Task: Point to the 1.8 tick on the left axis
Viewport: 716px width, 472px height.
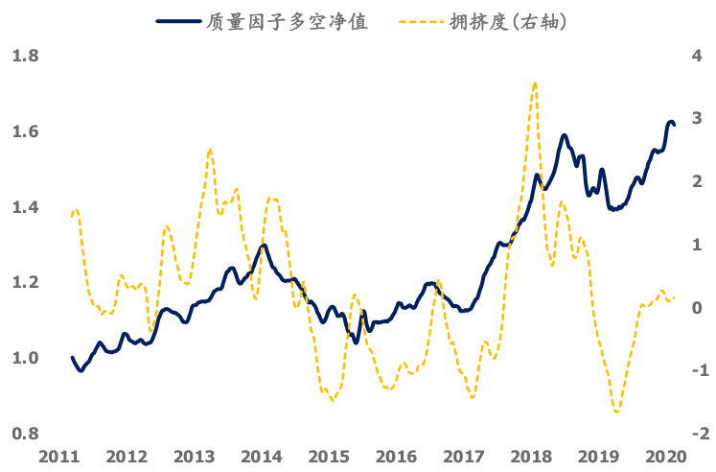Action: tap(24, 57)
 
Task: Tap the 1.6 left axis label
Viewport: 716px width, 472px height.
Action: tap(24, 132)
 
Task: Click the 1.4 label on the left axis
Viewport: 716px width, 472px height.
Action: tap(24, 207)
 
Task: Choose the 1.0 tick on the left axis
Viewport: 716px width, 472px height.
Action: tap(24, 358)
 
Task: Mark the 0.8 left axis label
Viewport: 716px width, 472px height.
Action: tap(24, 434)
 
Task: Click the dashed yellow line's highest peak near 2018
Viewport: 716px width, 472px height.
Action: tap(534, 83)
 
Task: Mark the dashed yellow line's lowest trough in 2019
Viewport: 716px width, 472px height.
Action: tap(615, 412)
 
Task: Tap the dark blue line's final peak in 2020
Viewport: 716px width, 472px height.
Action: tap(670, 122)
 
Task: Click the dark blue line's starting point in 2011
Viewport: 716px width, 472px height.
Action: tap(72, 358)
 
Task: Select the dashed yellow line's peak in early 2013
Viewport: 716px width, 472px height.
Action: tap(209, 150)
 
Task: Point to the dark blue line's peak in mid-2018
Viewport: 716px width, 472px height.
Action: tap(565, 135)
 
